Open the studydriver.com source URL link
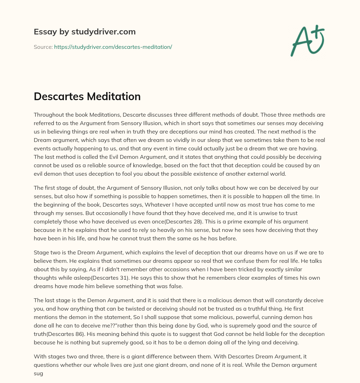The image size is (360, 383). click(113, 47)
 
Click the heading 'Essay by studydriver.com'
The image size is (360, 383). click(84, 32)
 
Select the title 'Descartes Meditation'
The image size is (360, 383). click(87, 97)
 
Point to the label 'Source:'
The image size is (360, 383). click(43, 47)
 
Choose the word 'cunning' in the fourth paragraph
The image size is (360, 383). click(275, 317)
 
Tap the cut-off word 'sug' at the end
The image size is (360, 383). click(38, 373)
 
